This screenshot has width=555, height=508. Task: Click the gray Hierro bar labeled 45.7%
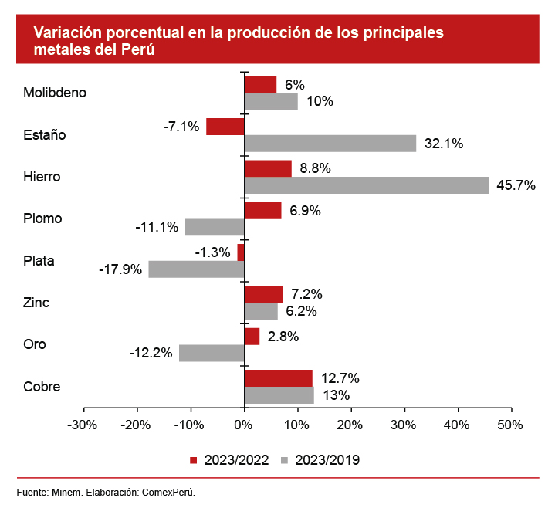click(x=366, y=185)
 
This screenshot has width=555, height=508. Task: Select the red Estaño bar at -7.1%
click(x=225, y=127)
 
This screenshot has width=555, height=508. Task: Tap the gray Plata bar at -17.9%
click(x=196, y=269)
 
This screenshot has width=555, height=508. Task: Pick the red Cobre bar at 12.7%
click(x=278, y=378)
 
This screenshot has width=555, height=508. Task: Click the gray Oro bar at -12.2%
click(x=212, y=353)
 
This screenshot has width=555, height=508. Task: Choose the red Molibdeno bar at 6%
click(x=260, y=84)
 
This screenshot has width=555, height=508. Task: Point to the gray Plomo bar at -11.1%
click(x=215, y=227)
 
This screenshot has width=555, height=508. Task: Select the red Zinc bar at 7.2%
click(x=263, y=294)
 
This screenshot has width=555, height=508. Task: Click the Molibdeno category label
click(x=54, y=93)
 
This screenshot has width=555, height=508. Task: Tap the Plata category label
click(x=39, y=260)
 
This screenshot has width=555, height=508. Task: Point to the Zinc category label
click(x=36, y=303)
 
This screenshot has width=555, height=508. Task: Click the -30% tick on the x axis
click(x=82, y=425)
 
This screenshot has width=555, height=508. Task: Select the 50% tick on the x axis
click(x=510, y=425)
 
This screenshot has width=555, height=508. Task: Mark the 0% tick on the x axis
click(x=244, y=425)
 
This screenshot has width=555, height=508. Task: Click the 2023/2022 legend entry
click(x=229, y=460)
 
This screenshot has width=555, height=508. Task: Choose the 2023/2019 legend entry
click(x=320, y=460)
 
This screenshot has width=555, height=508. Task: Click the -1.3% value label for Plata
click(x=213, y=252)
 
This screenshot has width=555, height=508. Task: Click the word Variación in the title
click(x=64, y=33)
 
